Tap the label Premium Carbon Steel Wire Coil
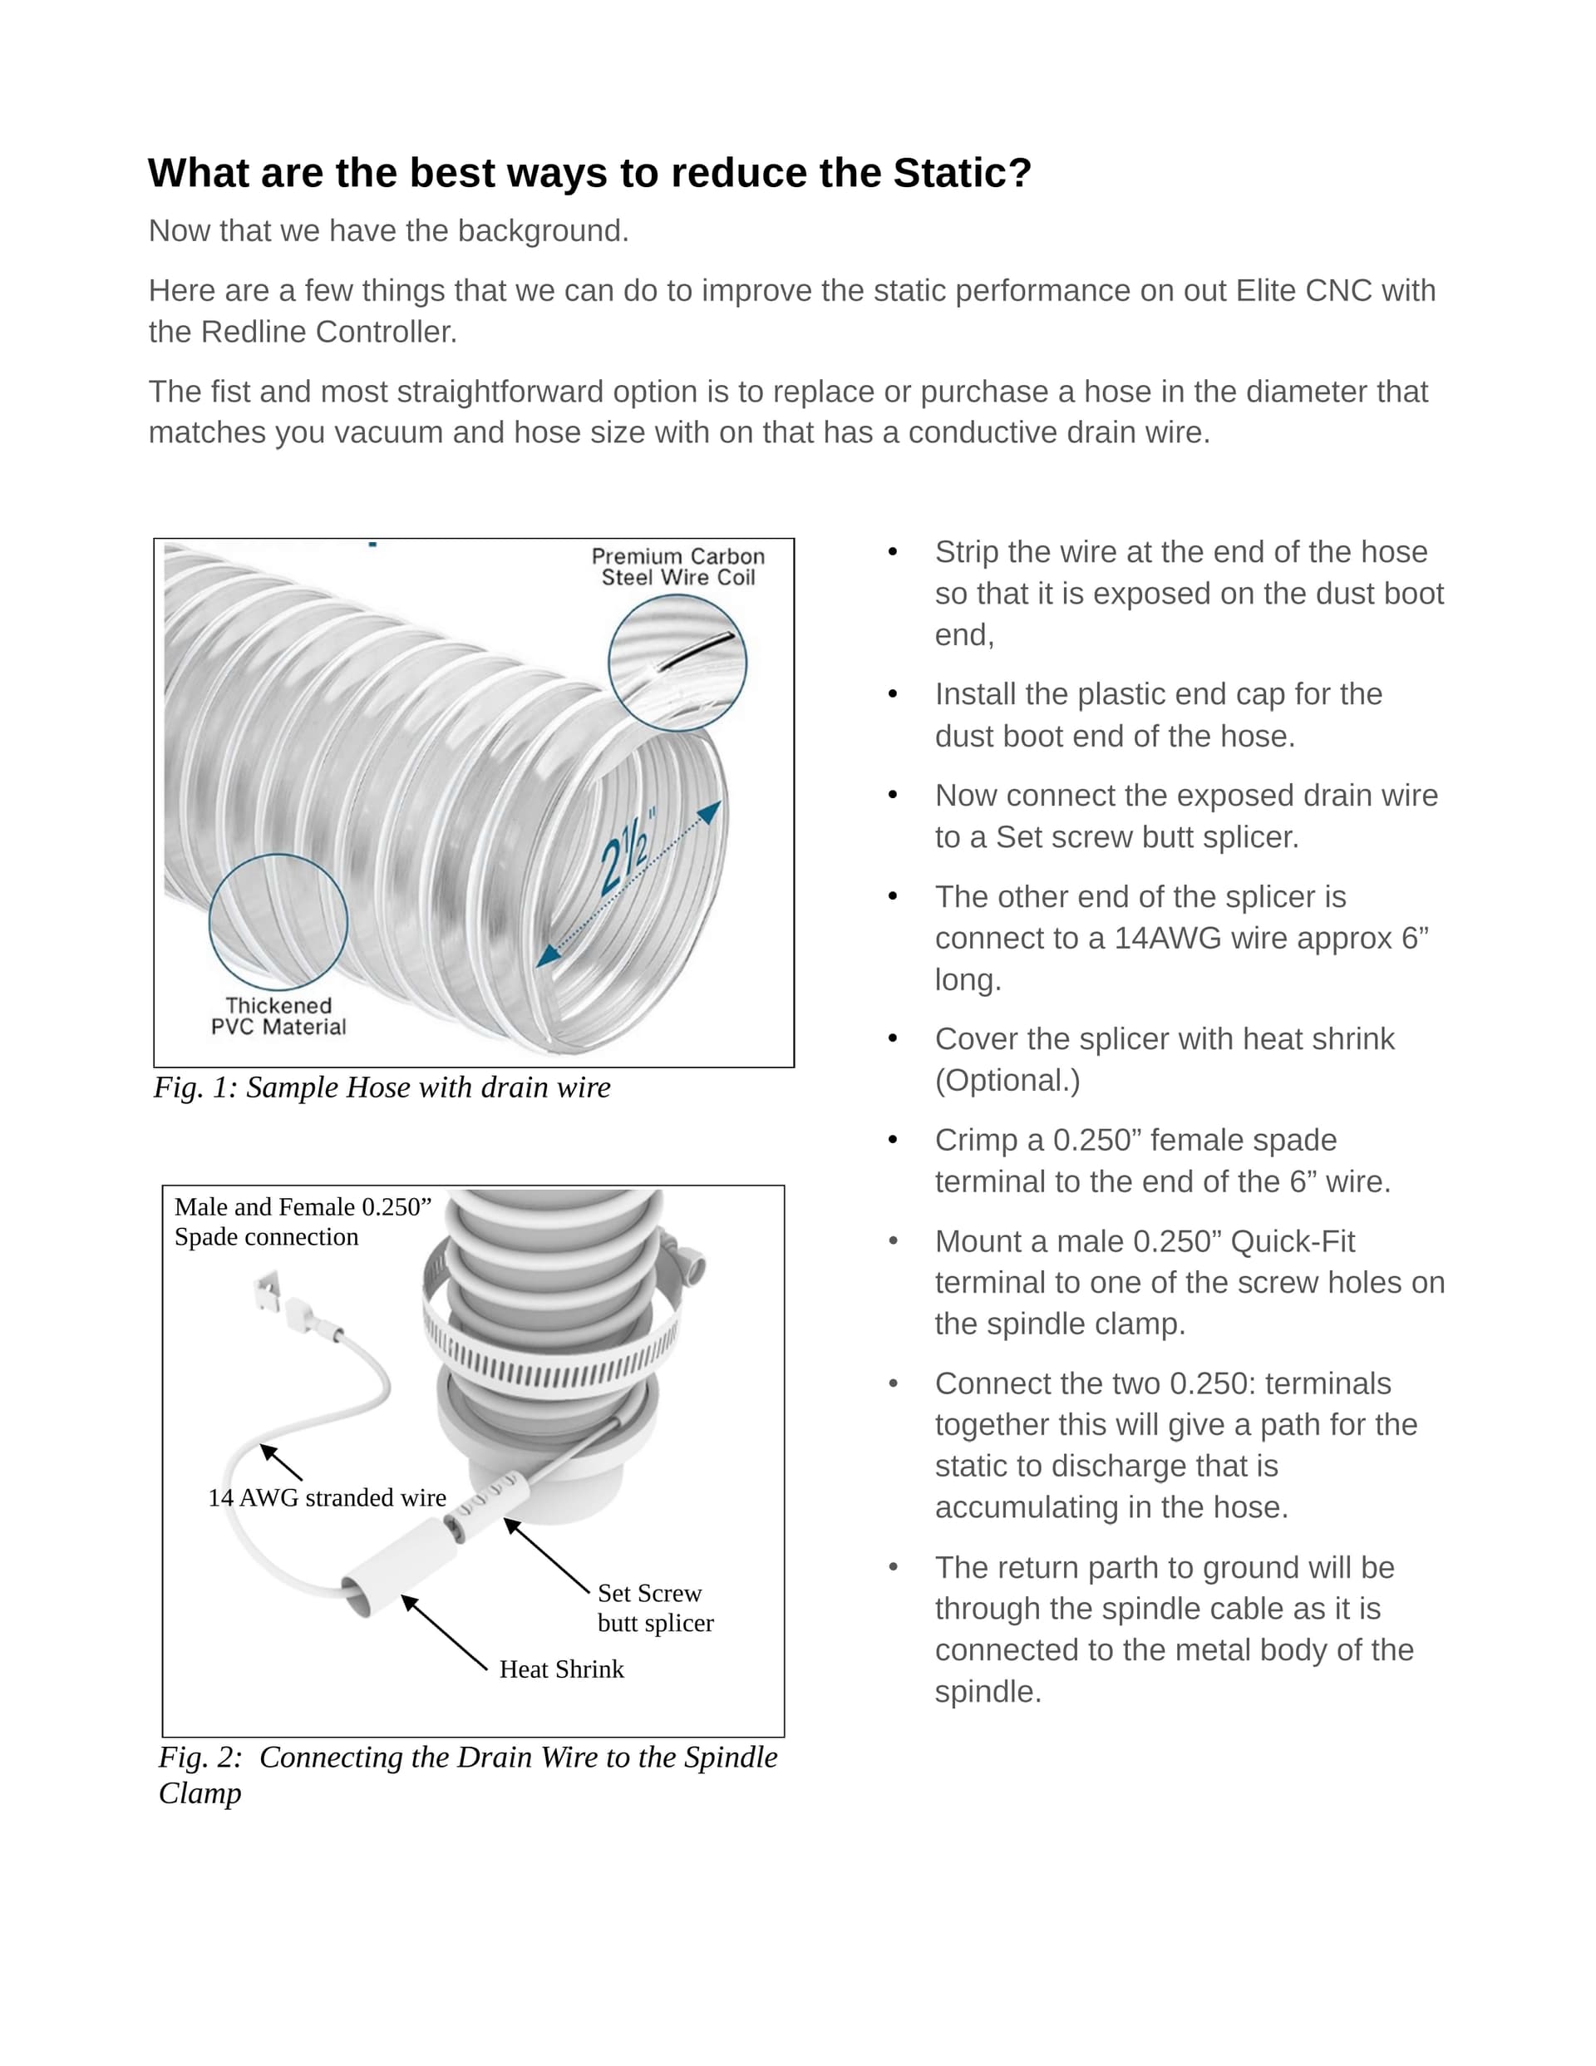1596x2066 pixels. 677,567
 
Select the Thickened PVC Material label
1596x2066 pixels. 278,1016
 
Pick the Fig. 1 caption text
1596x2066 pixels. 382,1087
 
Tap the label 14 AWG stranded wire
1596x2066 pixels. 327,1497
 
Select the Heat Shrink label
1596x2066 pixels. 561,1669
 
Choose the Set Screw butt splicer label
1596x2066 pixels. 655,1607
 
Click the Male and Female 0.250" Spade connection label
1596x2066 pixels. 302,1221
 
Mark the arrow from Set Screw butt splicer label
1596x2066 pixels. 546,1556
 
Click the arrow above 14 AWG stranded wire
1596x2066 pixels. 281,1462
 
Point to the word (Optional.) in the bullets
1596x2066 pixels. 1007,1080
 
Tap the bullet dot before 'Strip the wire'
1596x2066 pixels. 892,552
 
